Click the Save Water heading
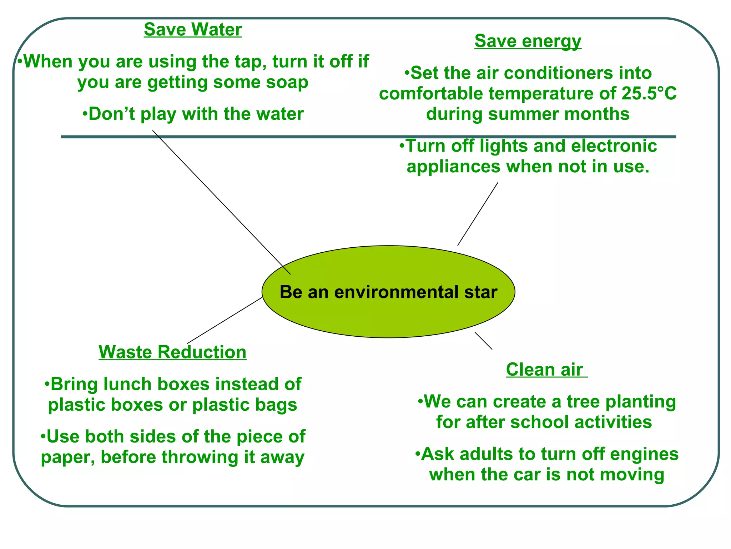(x=193, y=30)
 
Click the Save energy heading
(x=528, y=41)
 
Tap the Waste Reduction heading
(x=172, y=352)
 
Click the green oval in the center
(x=388, y=315)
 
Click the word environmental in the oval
(x=396, y=292)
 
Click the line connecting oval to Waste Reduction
(x=225, y=321)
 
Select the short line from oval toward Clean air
(x=483, y=341)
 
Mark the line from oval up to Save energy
(x=478, y=214)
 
